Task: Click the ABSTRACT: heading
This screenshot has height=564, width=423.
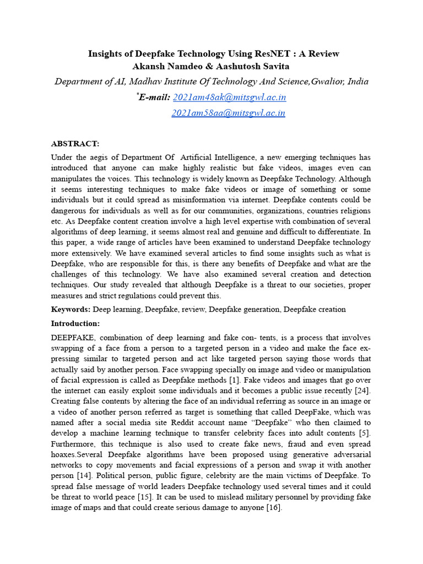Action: pyautogui.click(x=75, y=144)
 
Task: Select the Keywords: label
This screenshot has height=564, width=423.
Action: pyautogui.click(x=71, y=309)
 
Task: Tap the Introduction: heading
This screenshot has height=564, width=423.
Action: pyautogui.click(x=75, y=323)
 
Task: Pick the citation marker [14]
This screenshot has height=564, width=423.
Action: pyautogui.click(x=85, y=476)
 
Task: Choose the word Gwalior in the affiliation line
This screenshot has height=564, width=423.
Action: pyautogui.click(x=328, y=82)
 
